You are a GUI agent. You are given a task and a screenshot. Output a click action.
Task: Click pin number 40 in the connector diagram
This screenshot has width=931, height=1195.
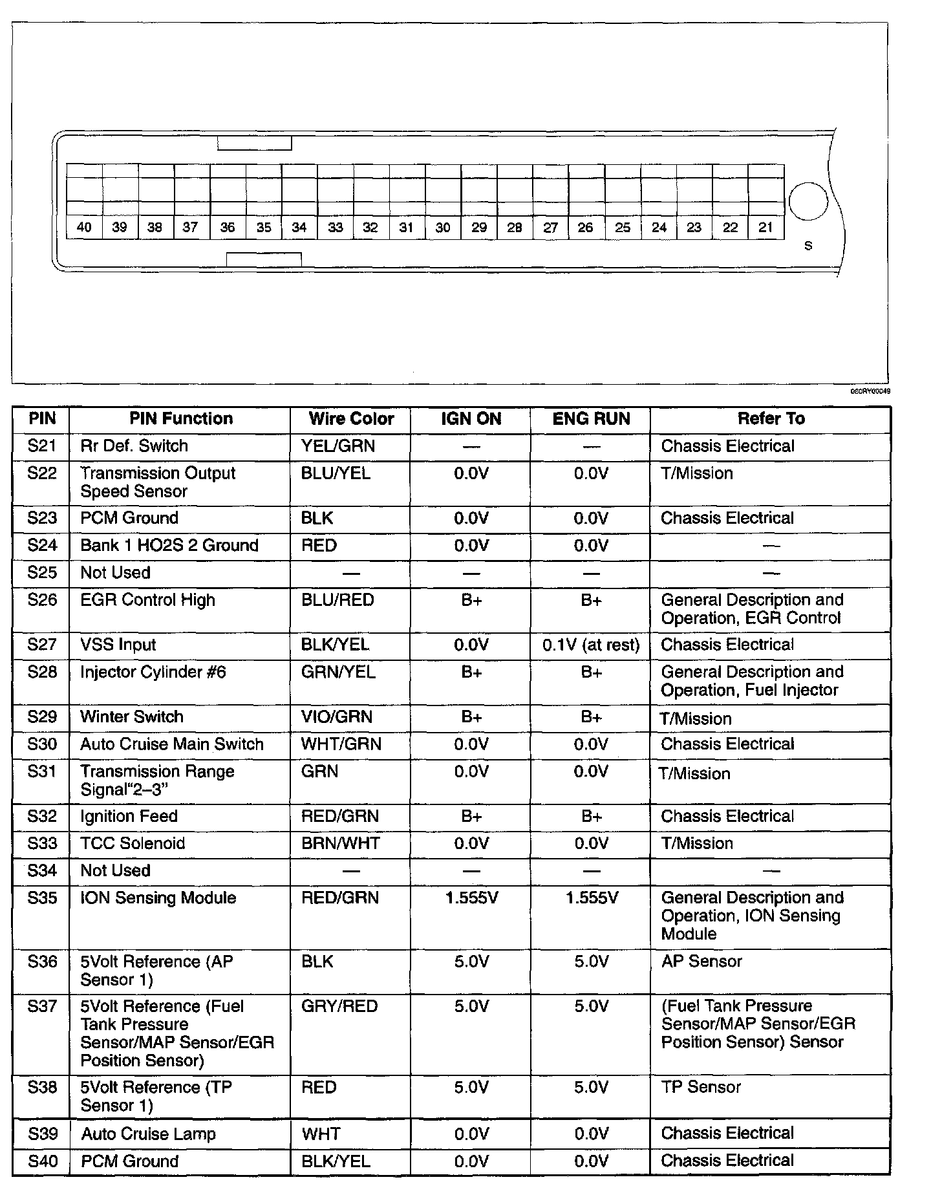pos(84,227)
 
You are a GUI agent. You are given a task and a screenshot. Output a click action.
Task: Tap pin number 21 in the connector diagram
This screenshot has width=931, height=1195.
pos(765,227)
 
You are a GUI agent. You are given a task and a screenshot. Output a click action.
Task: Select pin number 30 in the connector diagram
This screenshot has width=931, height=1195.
pos(443,228)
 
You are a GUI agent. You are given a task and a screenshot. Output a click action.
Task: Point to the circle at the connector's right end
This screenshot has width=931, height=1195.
pos(808,201)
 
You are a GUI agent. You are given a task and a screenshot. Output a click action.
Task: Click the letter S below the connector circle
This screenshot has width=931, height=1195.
pos(808,246)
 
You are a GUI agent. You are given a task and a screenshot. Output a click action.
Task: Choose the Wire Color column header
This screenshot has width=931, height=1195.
pos(351,419)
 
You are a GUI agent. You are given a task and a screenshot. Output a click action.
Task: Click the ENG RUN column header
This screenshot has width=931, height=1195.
pos(591,419)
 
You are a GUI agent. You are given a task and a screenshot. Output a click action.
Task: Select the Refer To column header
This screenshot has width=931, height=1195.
pos(771,419)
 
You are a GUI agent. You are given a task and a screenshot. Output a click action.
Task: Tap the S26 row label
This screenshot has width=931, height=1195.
pos(42,600)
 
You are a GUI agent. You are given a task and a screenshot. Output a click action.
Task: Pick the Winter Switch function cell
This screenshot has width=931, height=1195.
pos(132,716)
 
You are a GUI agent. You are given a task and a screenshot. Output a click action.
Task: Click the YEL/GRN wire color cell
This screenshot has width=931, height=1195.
pos(337,446)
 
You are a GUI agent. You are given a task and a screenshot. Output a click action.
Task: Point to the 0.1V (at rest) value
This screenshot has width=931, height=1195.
pos(591,645)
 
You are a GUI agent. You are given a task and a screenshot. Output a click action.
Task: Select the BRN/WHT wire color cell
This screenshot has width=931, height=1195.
pos(340,843)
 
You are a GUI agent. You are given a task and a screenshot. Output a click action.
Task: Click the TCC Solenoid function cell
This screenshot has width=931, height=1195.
pos(133,843)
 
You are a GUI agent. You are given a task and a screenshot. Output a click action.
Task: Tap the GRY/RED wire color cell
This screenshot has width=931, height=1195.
pos(339,1006)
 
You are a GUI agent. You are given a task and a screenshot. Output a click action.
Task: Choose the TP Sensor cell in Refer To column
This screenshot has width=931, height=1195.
pos(701,1087)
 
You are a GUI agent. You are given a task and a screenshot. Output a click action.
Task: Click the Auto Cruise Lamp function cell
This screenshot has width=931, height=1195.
pos(148,1134)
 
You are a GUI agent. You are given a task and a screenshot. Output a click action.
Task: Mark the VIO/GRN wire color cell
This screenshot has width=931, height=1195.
pos(336,716)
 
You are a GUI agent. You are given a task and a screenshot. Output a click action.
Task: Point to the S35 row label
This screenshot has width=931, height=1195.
pos(42,898)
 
